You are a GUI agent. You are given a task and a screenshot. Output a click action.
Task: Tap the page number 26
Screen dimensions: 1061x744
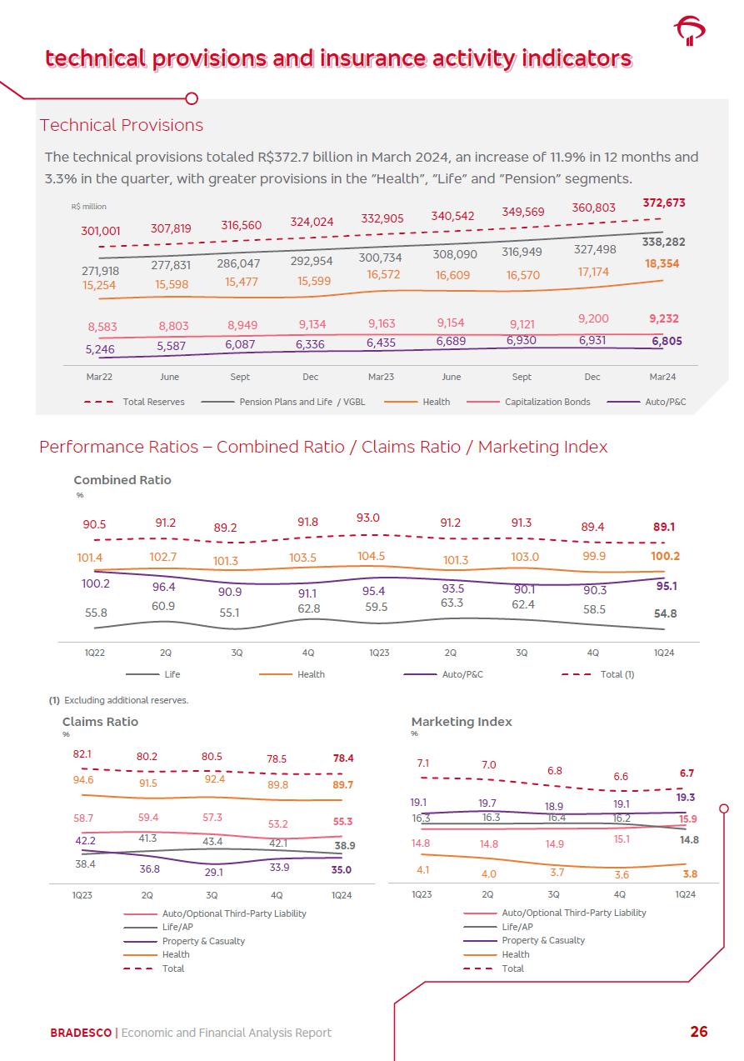(698, 1032)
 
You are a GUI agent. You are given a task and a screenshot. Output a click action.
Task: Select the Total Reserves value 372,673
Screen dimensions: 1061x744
(664, 203)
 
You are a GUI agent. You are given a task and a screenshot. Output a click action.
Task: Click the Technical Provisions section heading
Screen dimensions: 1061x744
(122, 125)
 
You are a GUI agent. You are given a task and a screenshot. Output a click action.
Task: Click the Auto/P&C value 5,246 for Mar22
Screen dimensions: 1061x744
(100, 350)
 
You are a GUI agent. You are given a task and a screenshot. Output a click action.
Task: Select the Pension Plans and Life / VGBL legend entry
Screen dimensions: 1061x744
(295, 402)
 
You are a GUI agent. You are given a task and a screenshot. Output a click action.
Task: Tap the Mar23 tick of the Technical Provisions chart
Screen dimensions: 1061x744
(381, 377)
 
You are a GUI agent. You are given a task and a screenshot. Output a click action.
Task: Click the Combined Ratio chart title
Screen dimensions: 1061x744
(122, 480)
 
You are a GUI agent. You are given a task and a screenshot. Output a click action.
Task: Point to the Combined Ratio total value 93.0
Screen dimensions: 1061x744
(368, 518)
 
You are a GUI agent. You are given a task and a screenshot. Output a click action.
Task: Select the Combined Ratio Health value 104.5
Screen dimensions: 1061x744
(371, 556)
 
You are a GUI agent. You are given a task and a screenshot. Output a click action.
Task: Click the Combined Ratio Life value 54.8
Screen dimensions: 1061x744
(665, 613)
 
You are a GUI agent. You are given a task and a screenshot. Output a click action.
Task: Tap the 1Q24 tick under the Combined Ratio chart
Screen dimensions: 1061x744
(664, 653)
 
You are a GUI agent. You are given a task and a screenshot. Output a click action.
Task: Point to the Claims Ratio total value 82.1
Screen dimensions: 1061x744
(82, 754)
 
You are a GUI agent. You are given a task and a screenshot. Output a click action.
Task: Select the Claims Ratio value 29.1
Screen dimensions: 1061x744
(212, 873)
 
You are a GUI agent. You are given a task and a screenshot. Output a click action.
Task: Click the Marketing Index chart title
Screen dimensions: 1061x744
(462, 722)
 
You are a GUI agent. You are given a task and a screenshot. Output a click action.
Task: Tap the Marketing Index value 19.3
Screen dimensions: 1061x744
(686, 798)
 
